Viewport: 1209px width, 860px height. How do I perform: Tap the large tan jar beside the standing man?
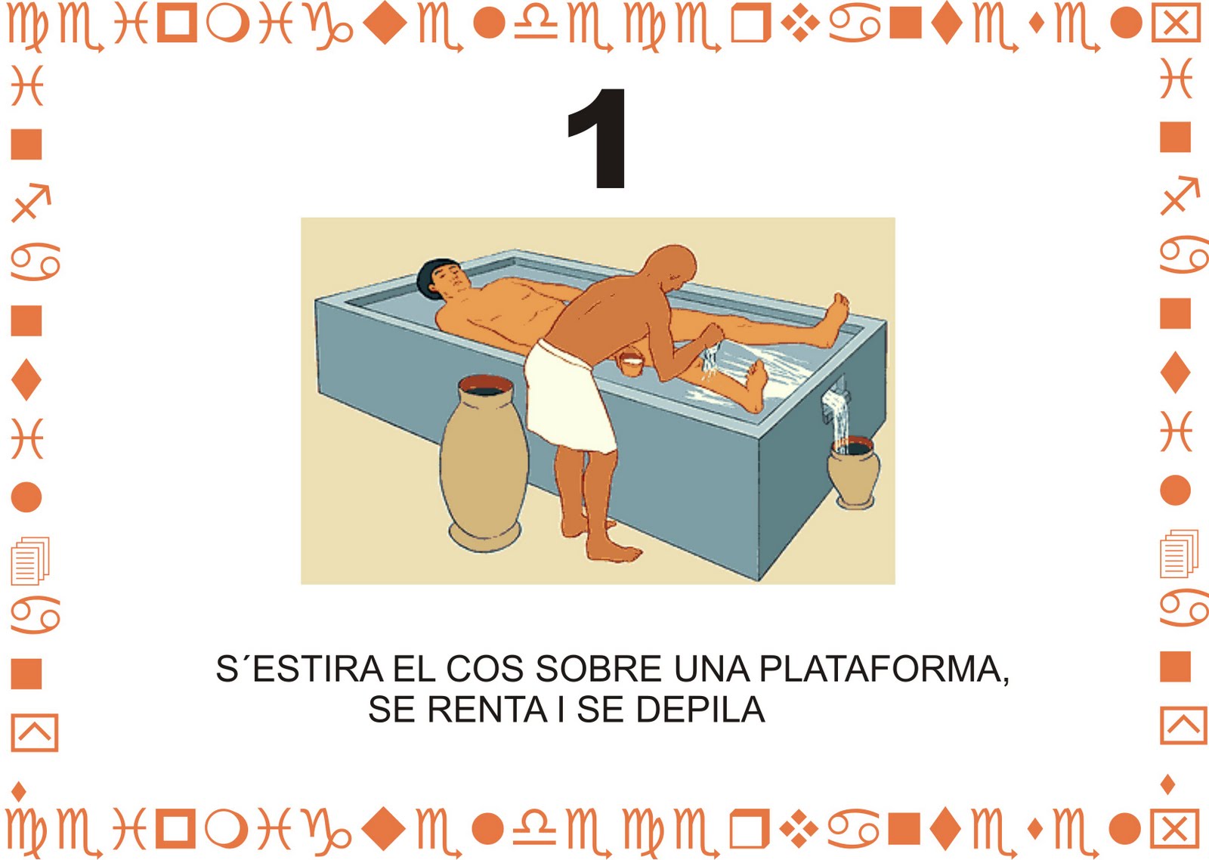pos(484,462)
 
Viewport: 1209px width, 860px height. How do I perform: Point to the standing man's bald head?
pos(671,268)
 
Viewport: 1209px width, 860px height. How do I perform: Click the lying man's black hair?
pos(434,278)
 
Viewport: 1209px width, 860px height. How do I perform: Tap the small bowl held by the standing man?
pos(630,363)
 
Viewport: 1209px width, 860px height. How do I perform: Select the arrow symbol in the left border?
pos(31,203)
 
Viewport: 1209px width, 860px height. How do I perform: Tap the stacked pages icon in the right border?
pos(1179,553)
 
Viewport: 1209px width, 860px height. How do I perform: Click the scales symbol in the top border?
pos(535,26)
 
